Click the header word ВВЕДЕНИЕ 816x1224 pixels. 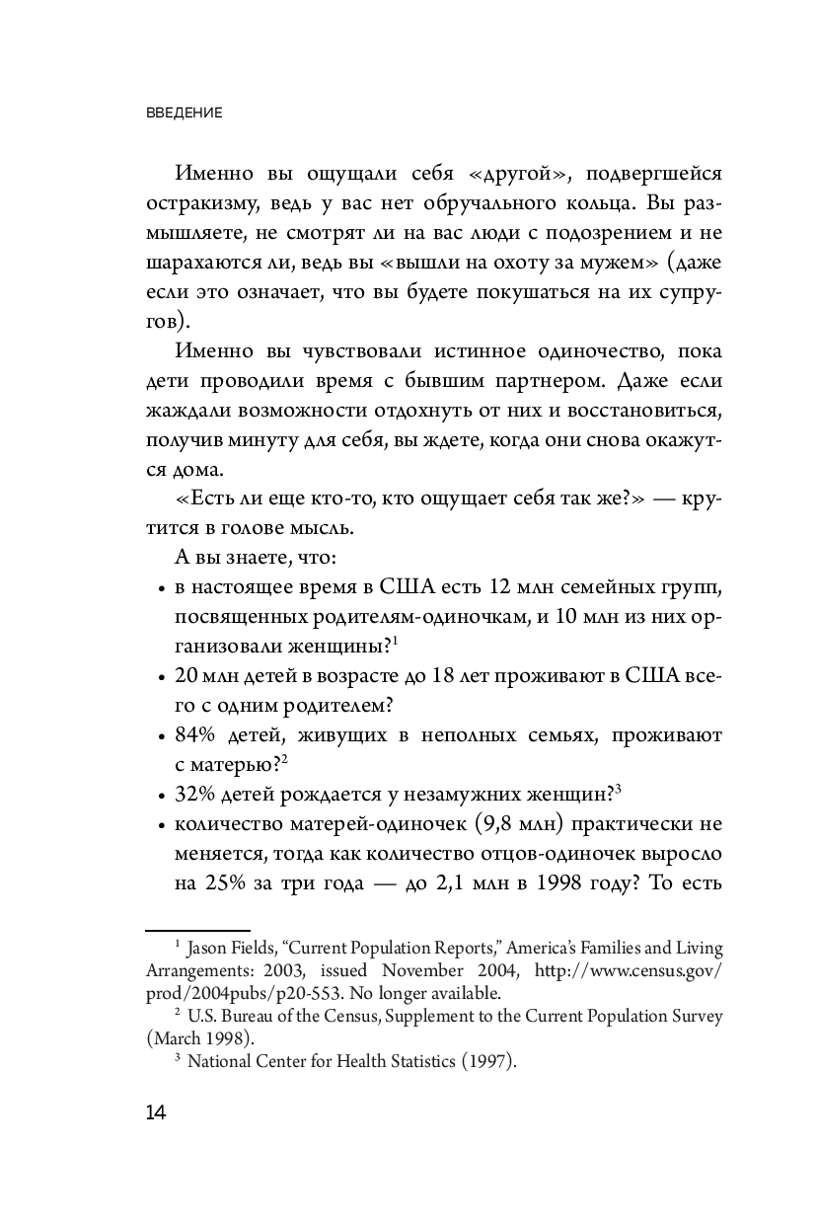pos(185,113)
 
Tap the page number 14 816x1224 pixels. pos(156,1113)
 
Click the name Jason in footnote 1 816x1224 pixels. pos(211,949)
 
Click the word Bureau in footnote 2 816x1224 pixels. pos(243,1016)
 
